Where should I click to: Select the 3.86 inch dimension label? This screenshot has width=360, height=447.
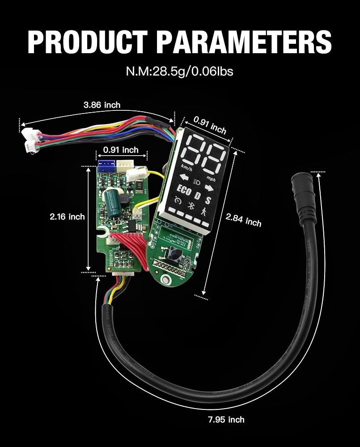[x=102, y=105]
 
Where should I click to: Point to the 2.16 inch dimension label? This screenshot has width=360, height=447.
[x=67, y=217]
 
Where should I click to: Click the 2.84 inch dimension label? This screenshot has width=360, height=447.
[x=244, y=219]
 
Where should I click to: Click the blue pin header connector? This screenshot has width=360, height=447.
[x=106, y=166]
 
